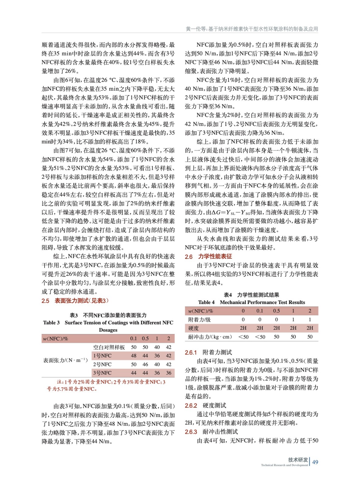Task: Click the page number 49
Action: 315,462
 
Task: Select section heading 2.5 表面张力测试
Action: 75,301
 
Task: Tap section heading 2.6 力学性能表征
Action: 208,256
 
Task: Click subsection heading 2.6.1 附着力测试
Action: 208,352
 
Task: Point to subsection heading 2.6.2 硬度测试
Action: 205,406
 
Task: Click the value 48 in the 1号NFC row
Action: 133,356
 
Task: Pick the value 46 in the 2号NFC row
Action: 145,364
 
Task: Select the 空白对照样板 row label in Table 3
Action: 109,347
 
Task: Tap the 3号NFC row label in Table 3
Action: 102,373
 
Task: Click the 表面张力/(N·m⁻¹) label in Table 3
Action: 65,360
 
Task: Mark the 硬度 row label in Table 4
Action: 193,328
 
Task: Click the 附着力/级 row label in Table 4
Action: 199,319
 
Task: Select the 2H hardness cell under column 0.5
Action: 276,328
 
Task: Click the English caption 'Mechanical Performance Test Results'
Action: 262,302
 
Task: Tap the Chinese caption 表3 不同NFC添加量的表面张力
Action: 108,315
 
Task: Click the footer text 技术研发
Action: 298,460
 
